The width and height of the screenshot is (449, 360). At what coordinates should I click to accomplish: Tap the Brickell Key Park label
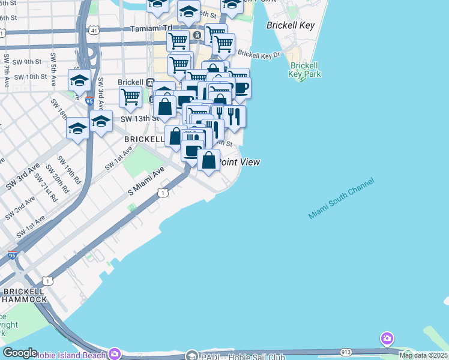click(x=305, y=70)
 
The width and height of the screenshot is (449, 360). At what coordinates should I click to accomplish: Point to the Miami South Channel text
click(x=341, y=198)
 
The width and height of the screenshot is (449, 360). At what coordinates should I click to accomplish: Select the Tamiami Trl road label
click(x=151, y=28)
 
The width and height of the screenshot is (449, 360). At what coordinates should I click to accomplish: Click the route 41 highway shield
click(x=95, y=29)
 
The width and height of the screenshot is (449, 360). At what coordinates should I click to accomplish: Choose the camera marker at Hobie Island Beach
click(x=114, y=353)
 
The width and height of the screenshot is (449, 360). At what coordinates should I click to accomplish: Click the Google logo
click(x=19, y=353)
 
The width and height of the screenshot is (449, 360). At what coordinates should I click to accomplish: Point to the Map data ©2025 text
click(x=423, y=355)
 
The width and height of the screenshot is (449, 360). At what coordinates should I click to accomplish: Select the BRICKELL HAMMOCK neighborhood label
click(x=24, y=295)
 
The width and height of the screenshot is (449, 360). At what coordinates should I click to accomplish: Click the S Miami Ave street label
click(x=146, y=181)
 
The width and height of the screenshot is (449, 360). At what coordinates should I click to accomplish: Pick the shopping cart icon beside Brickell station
click(x=130, y=95)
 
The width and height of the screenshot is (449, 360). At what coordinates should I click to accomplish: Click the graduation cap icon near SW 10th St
click(x=79, y=80)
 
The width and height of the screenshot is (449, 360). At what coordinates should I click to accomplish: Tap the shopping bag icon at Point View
click(x=208, y=160)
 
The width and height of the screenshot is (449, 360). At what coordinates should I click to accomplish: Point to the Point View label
click(x=240, y=162)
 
